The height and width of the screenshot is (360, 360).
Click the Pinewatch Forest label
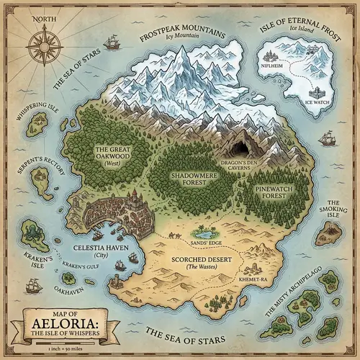(x=274, y=191)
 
